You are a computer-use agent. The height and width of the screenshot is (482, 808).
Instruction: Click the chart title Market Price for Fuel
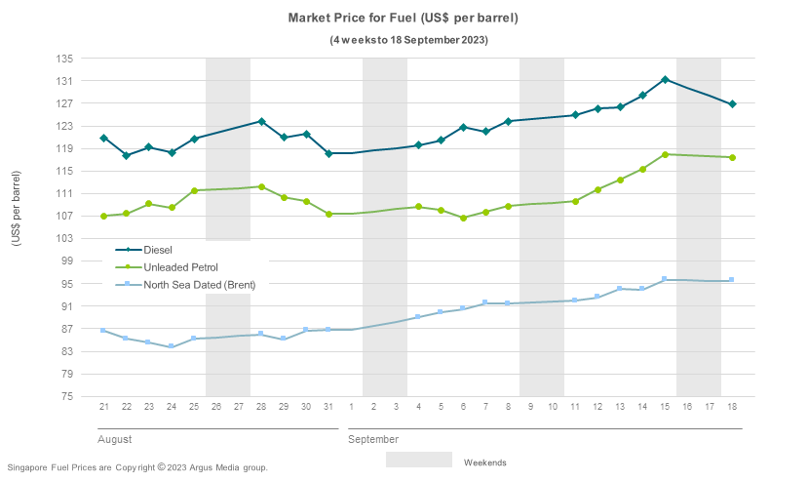(403, 19)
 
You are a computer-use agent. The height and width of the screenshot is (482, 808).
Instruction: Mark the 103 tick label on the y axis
(65, 239)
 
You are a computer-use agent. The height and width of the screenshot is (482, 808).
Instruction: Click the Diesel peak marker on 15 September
(665, 80)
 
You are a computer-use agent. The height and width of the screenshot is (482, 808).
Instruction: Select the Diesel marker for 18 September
(732, 104)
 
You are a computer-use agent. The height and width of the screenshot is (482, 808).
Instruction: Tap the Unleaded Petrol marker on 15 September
(665, 154)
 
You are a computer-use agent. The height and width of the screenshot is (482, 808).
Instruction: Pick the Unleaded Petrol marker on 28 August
(261, 186)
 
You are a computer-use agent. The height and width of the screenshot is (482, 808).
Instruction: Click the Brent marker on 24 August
(172, 346)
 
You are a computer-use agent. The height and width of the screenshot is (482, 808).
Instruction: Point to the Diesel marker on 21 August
(103, 139)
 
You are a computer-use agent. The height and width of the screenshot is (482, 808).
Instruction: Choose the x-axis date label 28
(261, 406)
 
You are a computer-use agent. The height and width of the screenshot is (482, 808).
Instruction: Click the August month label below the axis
(114, 440)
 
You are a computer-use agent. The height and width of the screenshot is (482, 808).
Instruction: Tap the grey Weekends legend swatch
(418, 460)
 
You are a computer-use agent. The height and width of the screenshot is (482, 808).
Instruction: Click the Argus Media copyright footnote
(136, 467)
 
